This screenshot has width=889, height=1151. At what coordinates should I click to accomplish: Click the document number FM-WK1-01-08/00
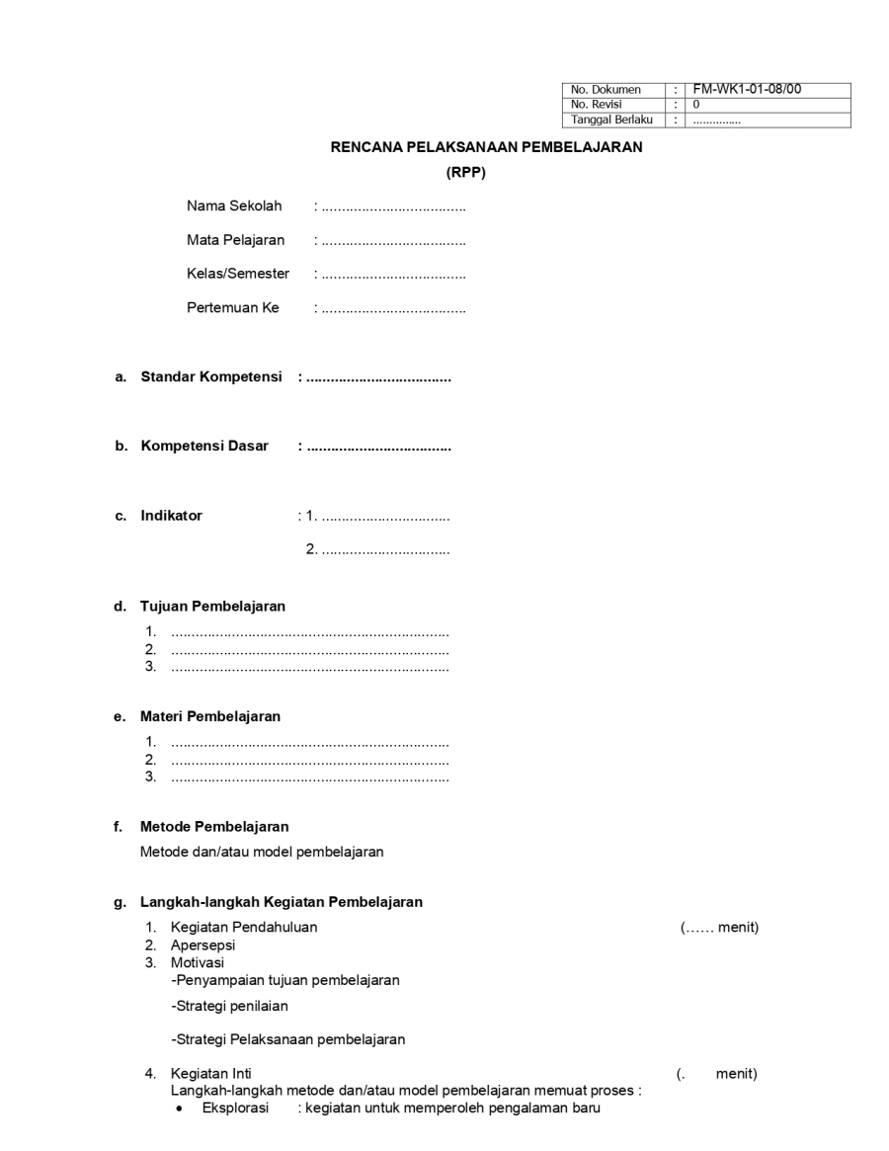pyautogui.click(x=747, y=89)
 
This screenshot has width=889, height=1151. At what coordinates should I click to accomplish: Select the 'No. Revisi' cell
pyautogui.click(x=597, y=104)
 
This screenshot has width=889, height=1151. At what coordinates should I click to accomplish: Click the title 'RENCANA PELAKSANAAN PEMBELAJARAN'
pyautogui.click(x=486, y=147)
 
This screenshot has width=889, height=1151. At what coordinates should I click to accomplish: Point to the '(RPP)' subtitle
pyautogui.click(x=466, y=172)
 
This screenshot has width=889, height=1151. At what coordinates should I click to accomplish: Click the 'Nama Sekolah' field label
pyautogui.click(x=234, y=206)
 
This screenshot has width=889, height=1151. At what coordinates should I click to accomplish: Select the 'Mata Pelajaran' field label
pyautogui.click(x=235, y=240)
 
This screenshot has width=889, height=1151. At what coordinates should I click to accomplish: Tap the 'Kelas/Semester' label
pyautogui.click(x=238, y=274)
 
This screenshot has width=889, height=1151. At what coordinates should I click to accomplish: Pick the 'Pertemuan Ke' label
pyautogui.click(x=233, y=307)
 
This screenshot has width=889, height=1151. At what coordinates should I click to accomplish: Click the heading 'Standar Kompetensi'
pyautogui.click(x=211, y=376)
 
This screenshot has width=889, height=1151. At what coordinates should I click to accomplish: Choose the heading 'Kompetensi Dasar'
pyautogui.click(x=204, y=446)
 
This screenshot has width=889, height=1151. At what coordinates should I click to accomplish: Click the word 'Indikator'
pyautogui.click(x=171, y=515)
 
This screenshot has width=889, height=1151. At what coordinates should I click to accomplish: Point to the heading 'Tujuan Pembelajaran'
pyautogui.click(x=212, y=606)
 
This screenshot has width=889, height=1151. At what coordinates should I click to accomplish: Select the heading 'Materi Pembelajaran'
pyautogui.click(x=210, y=716)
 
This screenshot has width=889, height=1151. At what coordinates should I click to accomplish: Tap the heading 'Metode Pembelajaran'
pyautogui.click(x=214, y=826)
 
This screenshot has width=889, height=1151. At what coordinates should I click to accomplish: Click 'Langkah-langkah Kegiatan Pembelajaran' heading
pyautogui.click(x=282, y=901)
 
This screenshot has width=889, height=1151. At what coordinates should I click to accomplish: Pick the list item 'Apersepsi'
pyautogui.click(x=202, y=945)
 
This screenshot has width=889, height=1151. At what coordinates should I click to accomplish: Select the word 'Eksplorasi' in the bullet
pyautogui.click(x=235, y=1108)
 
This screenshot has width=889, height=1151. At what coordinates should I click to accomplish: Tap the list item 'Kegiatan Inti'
pyautogui.click(x=210, y=1074)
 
